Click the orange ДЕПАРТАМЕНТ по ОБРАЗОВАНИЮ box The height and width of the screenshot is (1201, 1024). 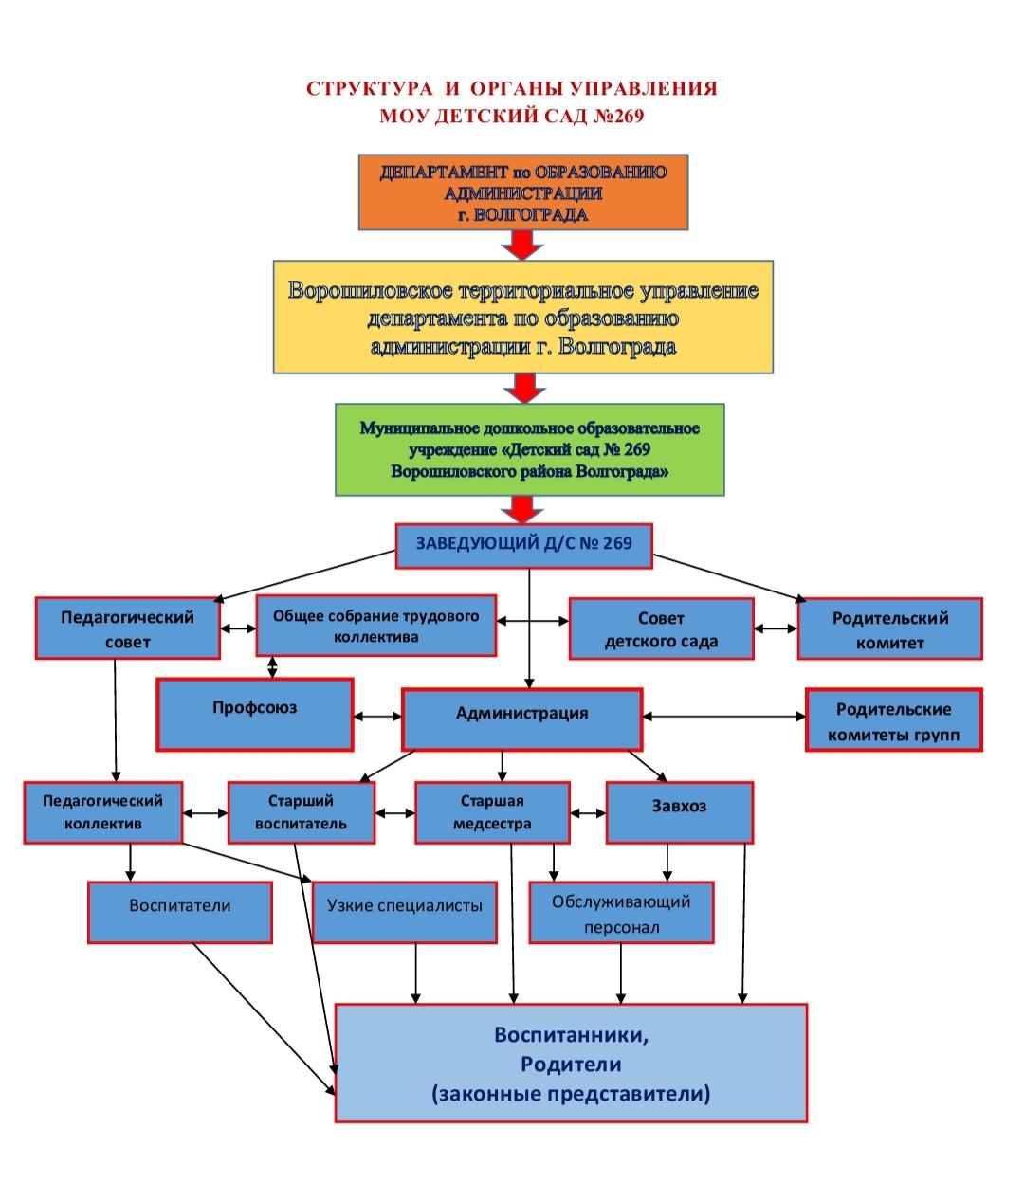[x=523, y=192]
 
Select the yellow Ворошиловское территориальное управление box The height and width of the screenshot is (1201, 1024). [x=523, y=317]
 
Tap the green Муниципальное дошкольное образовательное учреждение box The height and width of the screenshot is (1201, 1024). [x=529, y=449]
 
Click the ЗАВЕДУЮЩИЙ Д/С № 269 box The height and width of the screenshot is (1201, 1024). [x=523, y=546]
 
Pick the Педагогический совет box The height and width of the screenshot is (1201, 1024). [x=128, y=628]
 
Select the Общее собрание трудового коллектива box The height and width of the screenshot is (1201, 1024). [x=376, y=626]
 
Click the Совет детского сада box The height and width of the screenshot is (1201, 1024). [x=662, y=628]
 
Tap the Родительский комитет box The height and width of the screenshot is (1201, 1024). [x=889, y=628]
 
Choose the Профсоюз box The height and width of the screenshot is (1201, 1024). [x=254, y=715]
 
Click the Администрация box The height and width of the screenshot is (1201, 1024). [x=521, y=719]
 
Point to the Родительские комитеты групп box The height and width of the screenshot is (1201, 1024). [x=894, y=719]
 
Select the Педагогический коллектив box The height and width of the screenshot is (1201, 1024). [x=102, y=812]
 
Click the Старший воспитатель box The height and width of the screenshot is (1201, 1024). [x=302, y=812]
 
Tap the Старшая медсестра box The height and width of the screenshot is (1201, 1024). [x=492, y=812]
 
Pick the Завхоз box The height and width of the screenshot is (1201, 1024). [x=680, y=812]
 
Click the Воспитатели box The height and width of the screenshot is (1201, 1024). [x=179, y=912]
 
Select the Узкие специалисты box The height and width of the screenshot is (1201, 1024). [x=405, y=912]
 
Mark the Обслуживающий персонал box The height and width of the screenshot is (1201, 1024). [x=621, y=912]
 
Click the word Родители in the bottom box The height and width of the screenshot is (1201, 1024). [x=571, y=1065]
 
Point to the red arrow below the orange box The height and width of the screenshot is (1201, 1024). [x=522, y=245]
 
